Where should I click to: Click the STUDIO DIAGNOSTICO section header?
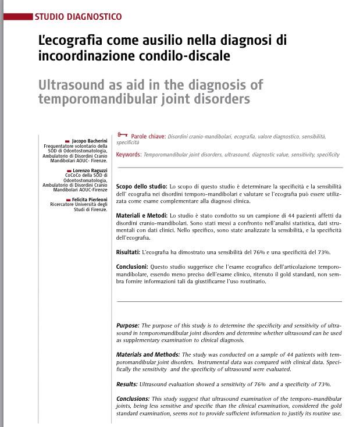coord(79,16)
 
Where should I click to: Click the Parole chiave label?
coord(148,136)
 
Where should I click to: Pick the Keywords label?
coord(128,155)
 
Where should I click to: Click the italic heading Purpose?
coord(127,325)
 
